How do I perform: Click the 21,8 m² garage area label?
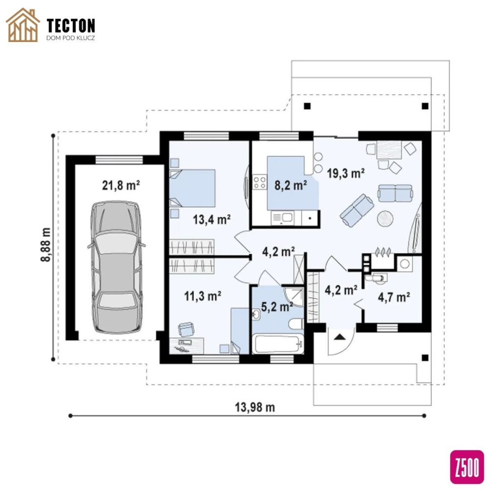point(121,185)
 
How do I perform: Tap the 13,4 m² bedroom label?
point(212,219)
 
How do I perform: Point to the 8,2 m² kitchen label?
point(291,185)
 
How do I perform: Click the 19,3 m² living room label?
point(346,173)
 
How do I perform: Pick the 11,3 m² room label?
point(203,296)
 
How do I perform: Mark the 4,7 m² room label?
point(394,297)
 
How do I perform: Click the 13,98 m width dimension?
point(255,407)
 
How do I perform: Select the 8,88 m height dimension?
point(45,245)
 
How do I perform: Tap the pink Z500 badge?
point(467,467)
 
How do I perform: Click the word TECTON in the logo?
point(71,25)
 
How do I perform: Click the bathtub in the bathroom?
point(278,344)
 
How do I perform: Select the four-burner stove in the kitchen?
point(259,182)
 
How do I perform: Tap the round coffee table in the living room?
point(385,219)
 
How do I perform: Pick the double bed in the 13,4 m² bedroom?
point(192,188)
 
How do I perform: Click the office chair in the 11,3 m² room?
point(186,329)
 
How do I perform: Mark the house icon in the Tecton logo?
point(23,25)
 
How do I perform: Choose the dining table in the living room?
point(389,149)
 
